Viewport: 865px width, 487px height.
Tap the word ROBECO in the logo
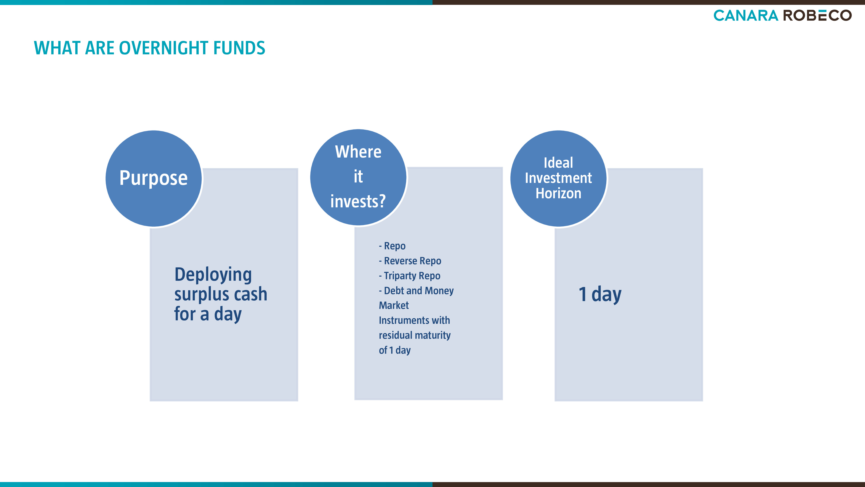pyautogui.click(x=818, y=15)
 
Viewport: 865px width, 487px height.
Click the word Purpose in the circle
pyautogui.click(x=154, y=178)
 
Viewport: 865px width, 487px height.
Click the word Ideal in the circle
pyautogui.click(x=558, y=163)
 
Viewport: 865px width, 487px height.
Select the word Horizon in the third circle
pyautogui.click(x=558, y=193)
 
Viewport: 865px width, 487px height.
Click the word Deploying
pyautogui.click(x=213, y=275)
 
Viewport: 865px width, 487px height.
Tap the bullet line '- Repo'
pyautogui.click(x=392, y=246)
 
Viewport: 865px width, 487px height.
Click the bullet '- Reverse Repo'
pyautogui.click(x=410, y=261)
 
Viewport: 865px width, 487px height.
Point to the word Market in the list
pyautogui.click(x=394, y=305)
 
